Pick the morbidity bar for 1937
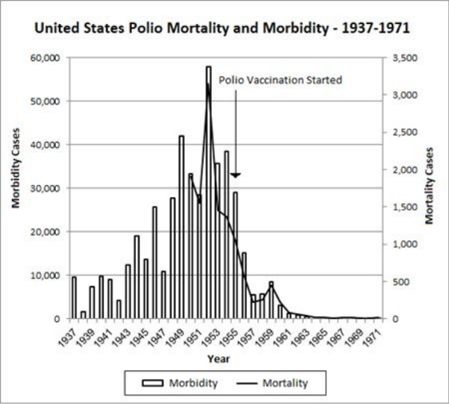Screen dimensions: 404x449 pyautogui.click(x=74, y=297)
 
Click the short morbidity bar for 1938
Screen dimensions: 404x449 pyautogui.click(x=83, y=315)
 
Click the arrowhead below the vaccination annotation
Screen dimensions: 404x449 pyautogui.click(x=235, y=175)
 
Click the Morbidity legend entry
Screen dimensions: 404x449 pyautogui.click(x=182, y=383)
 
